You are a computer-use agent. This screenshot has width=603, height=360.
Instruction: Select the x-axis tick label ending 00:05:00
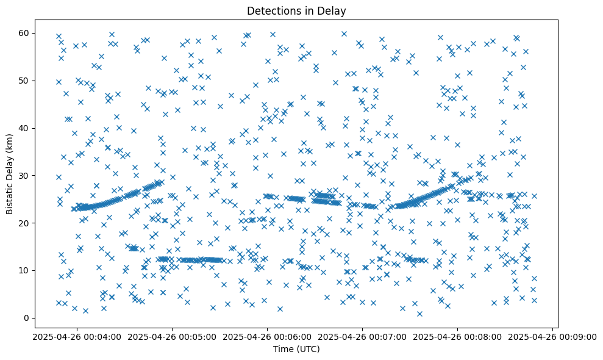[171, 336]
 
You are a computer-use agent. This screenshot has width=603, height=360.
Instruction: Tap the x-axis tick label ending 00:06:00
[267, 336]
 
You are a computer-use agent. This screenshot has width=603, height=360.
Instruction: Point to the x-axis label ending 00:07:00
[362, 336]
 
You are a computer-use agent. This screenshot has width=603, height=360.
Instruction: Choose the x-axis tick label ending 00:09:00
[552, 336]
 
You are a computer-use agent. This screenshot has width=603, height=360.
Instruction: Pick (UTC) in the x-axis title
[305, 350]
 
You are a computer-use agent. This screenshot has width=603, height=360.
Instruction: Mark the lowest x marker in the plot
[419, 314]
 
